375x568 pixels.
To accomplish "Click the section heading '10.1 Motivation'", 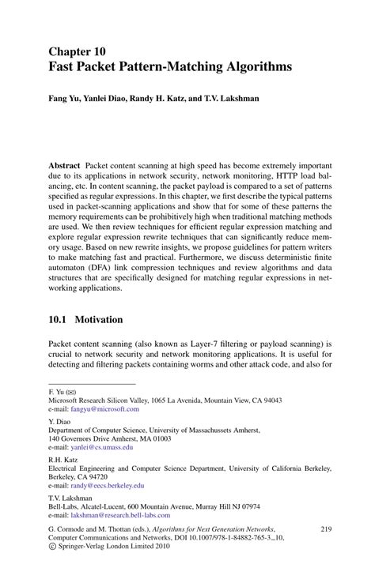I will coord(85,320).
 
